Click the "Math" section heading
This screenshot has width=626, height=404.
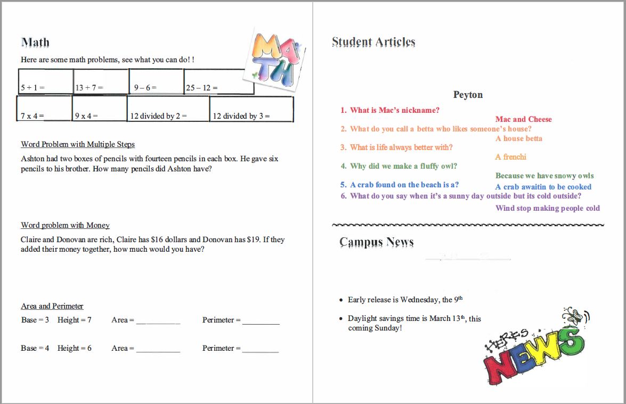point(35,43)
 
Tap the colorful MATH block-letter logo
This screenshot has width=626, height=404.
point(274,60)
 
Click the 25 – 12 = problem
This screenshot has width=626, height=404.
point(218,83)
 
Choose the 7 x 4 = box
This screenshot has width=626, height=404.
point(44,109)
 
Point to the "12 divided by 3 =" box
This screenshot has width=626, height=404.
point(251,110)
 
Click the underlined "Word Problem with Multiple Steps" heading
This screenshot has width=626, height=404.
point(78,144)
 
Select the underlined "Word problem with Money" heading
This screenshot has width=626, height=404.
point(65,225)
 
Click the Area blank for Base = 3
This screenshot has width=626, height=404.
point(158,321)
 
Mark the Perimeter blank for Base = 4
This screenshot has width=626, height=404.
point(261,349)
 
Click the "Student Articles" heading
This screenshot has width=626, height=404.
point(373,42)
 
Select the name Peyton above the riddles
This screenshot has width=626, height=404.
point(468,95)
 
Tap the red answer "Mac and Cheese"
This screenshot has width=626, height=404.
point(523,119)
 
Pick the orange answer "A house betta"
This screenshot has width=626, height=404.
point(518,138)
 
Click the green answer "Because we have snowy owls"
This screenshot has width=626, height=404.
point(544,176)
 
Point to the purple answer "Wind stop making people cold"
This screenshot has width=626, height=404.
point(547,208)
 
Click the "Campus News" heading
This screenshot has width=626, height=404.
point(376,242)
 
